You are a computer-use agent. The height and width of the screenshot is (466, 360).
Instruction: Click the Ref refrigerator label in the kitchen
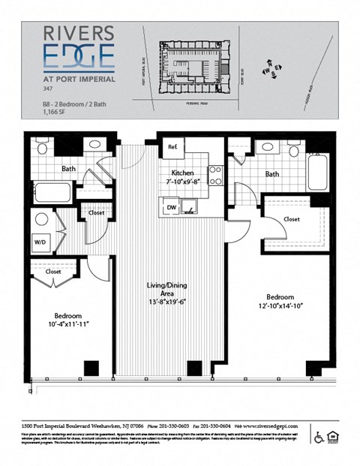[172, 146]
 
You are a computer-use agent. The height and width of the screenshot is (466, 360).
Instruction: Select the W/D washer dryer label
[39, 242]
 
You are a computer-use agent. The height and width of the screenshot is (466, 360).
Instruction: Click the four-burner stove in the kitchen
[215, 175]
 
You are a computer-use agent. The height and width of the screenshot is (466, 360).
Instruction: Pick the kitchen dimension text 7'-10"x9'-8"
[182, 182]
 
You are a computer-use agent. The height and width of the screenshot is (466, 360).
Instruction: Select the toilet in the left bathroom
[42, 146]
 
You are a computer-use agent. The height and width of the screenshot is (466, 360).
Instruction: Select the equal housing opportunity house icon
[333, 437]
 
